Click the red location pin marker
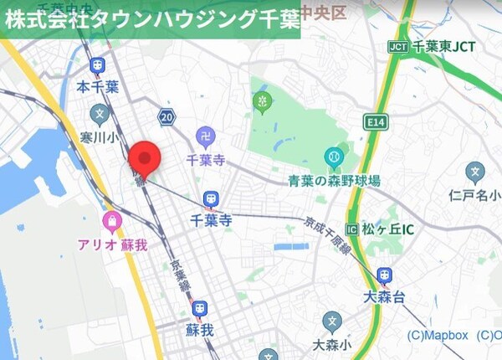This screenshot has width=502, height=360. pos(147,158)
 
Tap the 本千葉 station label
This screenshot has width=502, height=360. pos(98,86)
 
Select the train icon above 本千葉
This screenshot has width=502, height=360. pos(98,65)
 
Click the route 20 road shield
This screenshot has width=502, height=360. pos(168,119)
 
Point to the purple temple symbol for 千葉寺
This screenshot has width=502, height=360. pos(205,135)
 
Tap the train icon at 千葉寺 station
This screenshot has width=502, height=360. pos(211,200)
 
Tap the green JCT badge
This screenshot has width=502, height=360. pos(397,47)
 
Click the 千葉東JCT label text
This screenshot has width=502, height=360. pos(443,48)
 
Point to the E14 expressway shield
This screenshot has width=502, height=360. pos(375,123)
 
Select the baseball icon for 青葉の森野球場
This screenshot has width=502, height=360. pos(334,157)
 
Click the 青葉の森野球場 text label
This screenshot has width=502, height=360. pos(334,180)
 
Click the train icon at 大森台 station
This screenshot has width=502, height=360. pos(384,275)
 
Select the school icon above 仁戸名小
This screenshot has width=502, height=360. pos(475,173)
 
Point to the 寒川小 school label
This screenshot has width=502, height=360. pos(100,136)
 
